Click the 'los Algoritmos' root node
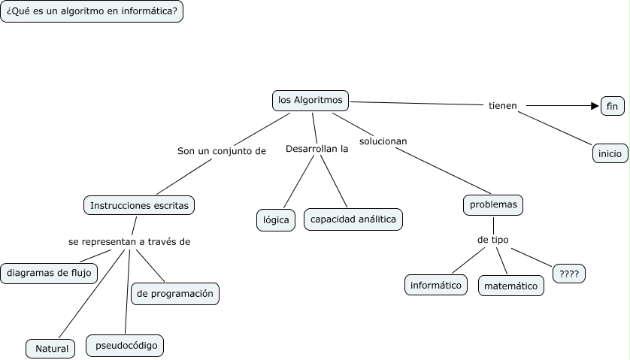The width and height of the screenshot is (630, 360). pos(310,100)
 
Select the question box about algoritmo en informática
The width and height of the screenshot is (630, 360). pos(92,12)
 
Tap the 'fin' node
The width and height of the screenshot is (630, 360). pos(612,107)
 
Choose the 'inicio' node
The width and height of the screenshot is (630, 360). pos(610,153)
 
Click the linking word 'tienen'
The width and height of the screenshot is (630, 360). pos(503,105)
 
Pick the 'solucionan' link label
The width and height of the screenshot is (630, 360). pos(383,141)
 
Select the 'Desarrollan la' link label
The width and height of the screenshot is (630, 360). pos(317,149)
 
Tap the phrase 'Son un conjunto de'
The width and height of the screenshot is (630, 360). pos(222,150)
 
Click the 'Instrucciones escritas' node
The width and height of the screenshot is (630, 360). pos(139,205)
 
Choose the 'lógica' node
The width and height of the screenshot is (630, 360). pos(276,220)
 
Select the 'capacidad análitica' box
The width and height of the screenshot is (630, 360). pos(353,219)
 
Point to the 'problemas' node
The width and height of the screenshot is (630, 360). pos(493,204)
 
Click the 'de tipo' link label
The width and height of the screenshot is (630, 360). pos(493,240)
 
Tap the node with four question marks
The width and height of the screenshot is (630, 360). pos(569,274)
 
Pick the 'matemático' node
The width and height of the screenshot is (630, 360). pos(511,286)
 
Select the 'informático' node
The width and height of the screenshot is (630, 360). pos(436,285)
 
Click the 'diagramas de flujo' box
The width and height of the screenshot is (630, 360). pos(50,273)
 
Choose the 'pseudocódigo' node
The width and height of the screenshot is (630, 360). pos(125,346)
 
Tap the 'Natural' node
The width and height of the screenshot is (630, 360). pos(52,348)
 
